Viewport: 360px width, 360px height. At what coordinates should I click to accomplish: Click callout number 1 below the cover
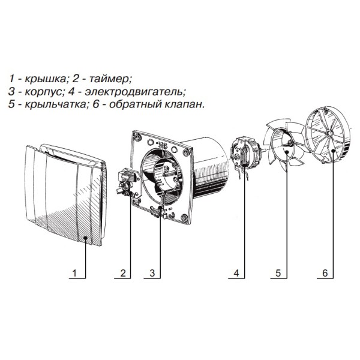point(74,273)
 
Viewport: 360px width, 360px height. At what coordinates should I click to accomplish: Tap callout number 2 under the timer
point(123,273)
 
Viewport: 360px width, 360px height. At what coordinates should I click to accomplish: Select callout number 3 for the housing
point(152,273)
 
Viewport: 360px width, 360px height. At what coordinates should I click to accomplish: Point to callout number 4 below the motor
point(236,273)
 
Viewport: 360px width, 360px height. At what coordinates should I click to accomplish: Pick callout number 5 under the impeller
point(278,273)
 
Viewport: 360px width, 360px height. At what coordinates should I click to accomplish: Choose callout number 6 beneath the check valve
point(325,273)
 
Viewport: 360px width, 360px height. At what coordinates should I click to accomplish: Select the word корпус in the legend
point(43,92)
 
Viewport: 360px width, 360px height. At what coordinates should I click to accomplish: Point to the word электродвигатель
point(134,92)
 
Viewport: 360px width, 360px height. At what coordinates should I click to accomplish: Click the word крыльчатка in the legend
point(55,105)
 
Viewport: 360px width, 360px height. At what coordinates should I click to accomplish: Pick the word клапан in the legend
point(184,105)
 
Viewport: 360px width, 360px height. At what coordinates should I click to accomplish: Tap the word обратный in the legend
point(135,105)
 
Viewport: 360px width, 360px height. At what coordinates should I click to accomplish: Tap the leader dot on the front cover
point(85,238)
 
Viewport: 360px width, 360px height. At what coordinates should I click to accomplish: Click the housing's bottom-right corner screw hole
point(184,217)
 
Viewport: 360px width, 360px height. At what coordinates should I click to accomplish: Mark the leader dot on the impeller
point(287,152)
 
